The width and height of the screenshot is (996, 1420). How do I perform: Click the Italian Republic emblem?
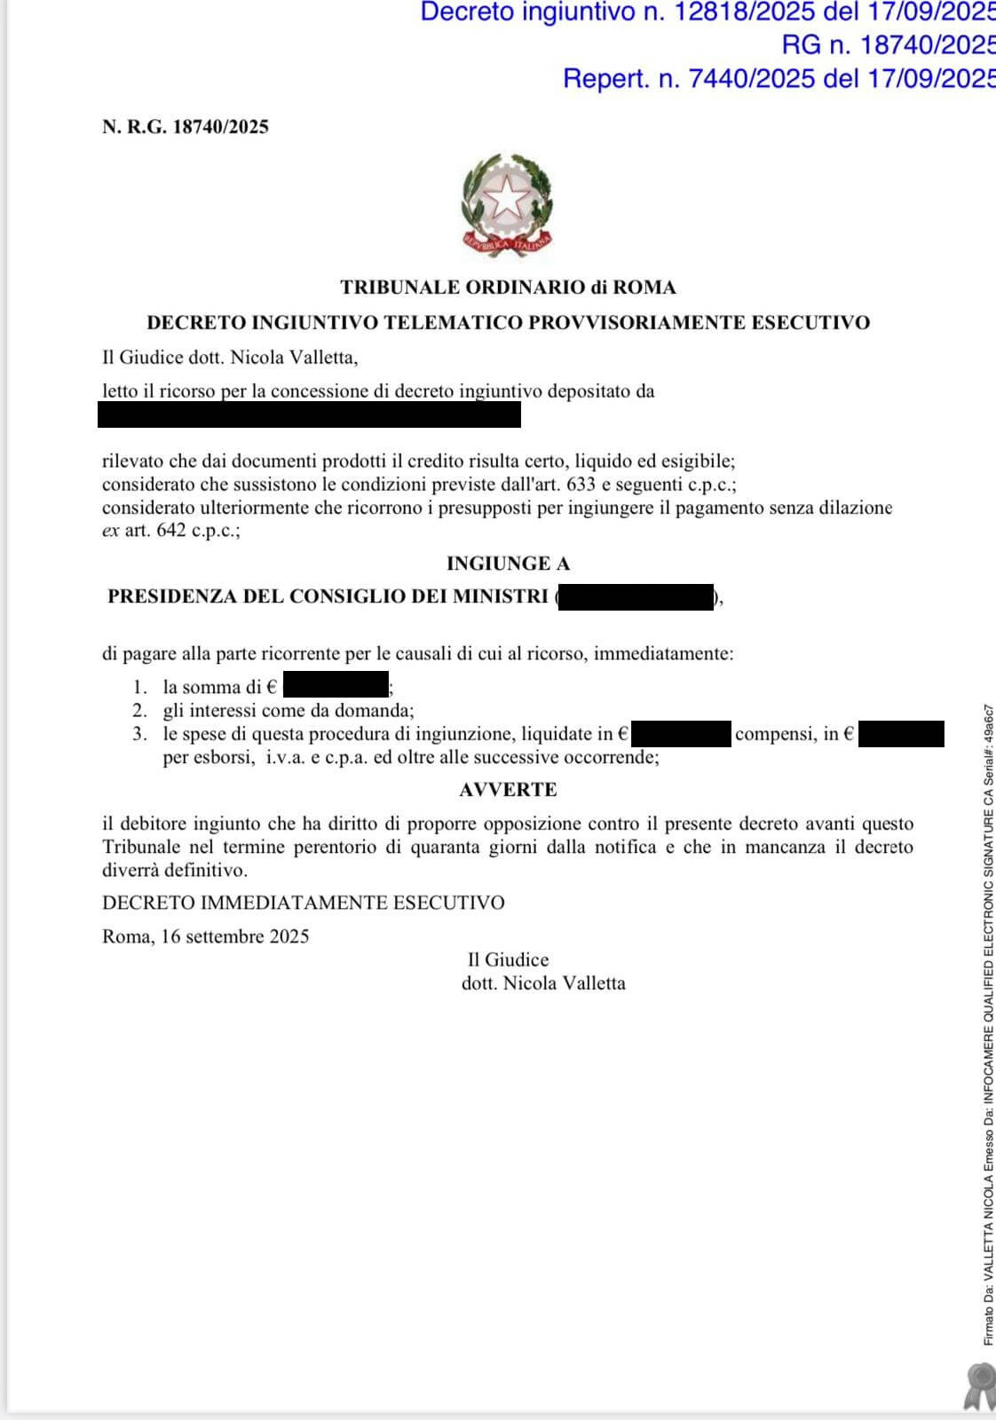(507, 205)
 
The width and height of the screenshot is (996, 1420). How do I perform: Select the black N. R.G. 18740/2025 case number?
(186, 127)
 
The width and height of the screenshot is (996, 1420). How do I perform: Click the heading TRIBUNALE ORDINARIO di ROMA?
(508, 288)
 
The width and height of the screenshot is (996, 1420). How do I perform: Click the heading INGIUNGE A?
(508, 564)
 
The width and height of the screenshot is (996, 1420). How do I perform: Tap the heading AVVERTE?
(508, 790)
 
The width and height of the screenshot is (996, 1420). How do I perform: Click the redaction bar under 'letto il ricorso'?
(309, 414)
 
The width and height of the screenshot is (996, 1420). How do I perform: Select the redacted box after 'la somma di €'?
(336, 685)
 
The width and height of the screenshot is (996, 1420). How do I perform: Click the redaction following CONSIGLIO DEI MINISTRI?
(636, 597)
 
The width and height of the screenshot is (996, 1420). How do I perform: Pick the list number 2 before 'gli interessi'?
(139, 710)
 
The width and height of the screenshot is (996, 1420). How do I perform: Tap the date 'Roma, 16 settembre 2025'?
(206, 936)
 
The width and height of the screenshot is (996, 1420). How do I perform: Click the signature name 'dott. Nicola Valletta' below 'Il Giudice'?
(543, 983)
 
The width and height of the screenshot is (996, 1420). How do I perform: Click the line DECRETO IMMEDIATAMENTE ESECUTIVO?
(304, 903)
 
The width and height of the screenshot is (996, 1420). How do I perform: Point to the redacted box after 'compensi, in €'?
(901, 734)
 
